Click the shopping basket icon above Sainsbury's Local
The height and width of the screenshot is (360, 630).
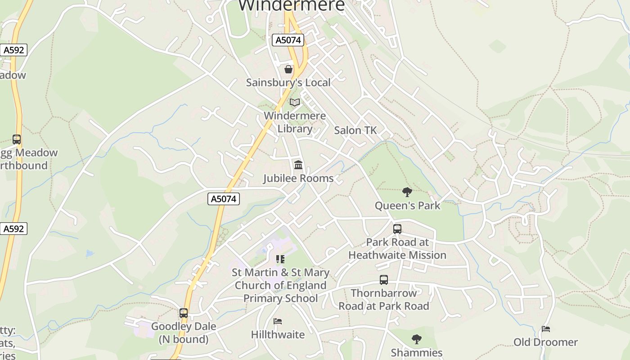point(288,69)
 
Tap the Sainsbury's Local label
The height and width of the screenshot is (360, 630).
point(288,82)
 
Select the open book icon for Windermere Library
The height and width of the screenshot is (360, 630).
point(295,103)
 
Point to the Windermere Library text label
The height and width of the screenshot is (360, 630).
point(295,122)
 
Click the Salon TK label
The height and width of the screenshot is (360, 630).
point(355,130)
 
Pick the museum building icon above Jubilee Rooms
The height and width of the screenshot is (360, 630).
point(298,165)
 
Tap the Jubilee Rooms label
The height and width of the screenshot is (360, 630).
point(298,178)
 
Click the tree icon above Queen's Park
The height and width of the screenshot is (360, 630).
point(407,193)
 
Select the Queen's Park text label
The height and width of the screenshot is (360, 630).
point(408,206)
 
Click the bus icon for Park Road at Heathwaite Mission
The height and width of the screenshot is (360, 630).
point(397,229)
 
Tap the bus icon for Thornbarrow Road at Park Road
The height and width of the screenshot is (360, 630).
point(384,280)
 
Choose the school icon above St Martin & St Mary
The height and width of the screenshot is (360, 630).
point(280,259)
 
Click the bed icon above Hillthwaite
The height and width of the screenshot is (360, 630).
point(278,321)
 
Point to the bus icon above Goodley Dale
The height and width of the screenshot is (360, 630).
point(184,313)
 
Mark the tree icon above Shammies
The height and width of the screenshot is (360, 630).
point(417,339)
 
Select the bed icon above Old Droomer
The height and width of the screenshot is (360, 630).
point(546,329)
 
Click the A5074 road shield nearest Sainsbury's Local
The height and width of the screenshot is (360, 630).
point(288,40)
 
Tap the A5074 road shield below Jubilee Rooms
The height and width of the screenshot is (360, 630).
point(224,198)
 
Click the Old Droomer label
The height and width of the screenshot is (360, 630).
point(546,342)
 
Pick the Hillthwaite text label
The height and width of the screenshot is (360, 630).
point(278,334)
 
